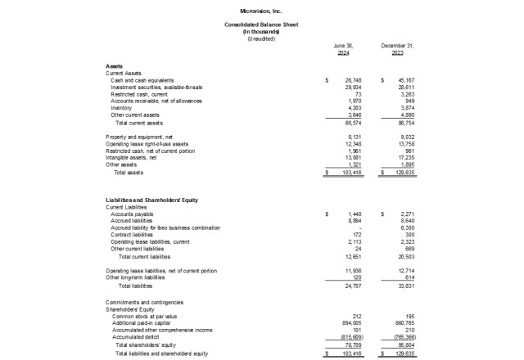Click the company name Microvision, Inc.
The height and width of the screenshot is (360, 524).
(x=261, y=12)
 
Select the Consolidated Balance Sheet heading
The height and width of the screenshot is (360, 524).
(x=261, y=25)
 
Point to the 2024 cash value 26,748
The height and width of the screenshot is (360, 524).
(x=353, y=81)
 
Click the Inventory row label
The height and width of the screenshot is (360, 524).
(x=122, y=108)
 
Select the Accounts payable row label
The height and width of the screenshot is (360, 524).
(x=131, y=214)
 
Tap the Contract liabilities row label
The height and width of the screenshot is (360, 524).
(x=133, y=234)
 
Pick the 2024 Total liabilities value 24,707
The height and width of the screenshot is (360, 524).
(x=353, y=286)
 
